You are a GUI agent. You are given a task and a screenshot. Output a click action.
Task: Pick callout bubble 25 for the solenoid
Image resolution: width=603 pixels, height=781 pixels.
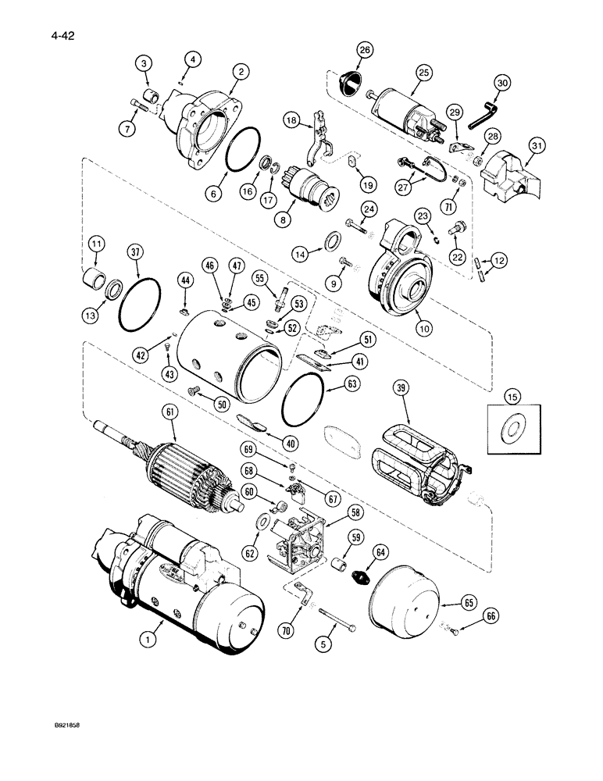(424, 73)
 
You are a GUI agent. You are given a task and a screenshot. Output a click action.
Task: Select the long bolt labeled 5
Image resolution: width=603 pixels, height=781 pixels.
(337, 626)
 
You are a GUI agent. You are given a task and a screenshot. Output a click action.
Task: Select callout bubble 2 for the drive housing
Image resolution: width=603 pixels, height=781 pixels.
(243, 72)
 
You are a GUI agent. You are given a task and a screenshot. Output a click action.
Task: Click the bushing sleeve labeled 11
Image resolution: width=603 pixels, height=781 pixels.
(94, 277)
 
